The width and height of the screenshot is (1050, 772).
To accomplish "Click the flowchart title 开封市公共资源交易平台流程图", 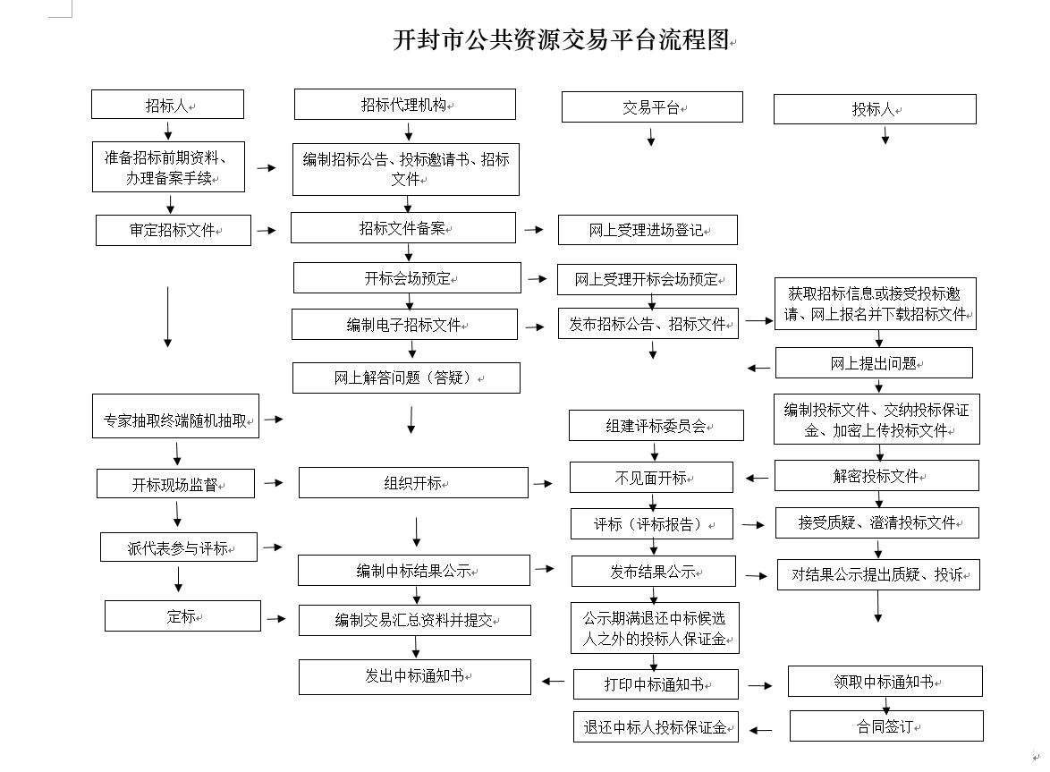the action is pos(561,40).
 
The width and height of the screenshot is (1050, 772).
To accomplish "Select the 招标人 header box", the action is pos(167,105).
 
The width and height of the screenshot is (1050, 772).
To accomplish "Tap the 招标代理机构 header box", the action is pos(405,105).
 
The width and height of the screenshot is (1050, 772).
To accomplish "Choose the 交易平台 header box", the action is pos(652,107).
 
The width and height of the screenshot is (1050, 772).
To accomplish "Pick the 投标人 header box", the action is pos(875,109).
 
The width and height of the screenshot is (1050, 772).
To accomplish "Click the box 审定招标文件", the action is pos(174,230).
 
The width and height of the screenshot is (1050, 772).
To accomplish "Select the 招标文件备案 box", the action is pos(403,227).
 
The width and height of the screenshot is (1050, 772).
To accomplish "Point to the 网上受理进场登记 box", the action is pos(648,230).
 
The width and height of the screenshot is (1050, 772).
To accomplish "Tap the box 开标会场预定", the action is pos(407,278).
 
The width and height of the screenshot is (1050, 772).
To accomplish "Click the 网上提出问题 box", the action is pos(874,363).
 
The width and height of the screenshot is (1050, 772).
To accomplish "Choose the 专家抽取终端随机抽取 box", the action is pos(175,417).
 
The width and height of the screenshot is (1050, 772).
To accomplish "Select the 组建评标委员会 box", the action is pos(656,426).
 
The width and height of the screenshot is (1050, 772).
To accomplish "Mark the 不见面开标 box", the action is pos(652,478).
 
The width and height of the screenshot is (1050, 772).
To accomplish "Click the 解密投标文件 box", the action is pos(876,475).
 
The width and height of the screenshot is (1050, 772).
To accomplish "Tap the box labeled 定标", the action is pos(182,616).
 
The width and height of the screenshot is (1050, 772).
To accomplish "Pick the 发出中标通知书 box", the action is pos(415,677).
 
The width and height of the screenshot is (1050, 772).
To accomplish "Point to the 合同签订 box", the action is pos(886,725).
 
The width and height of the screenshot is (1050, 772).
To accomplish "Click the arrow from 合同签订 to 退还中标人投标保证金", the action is pos(760,730).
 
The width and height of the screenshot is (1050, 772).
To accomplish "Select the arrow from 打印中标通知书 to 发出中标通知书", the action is pos(553,682).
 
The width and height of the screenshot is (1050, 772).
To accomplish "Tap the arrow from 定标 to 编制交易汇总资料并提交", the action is pos(276,619).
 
